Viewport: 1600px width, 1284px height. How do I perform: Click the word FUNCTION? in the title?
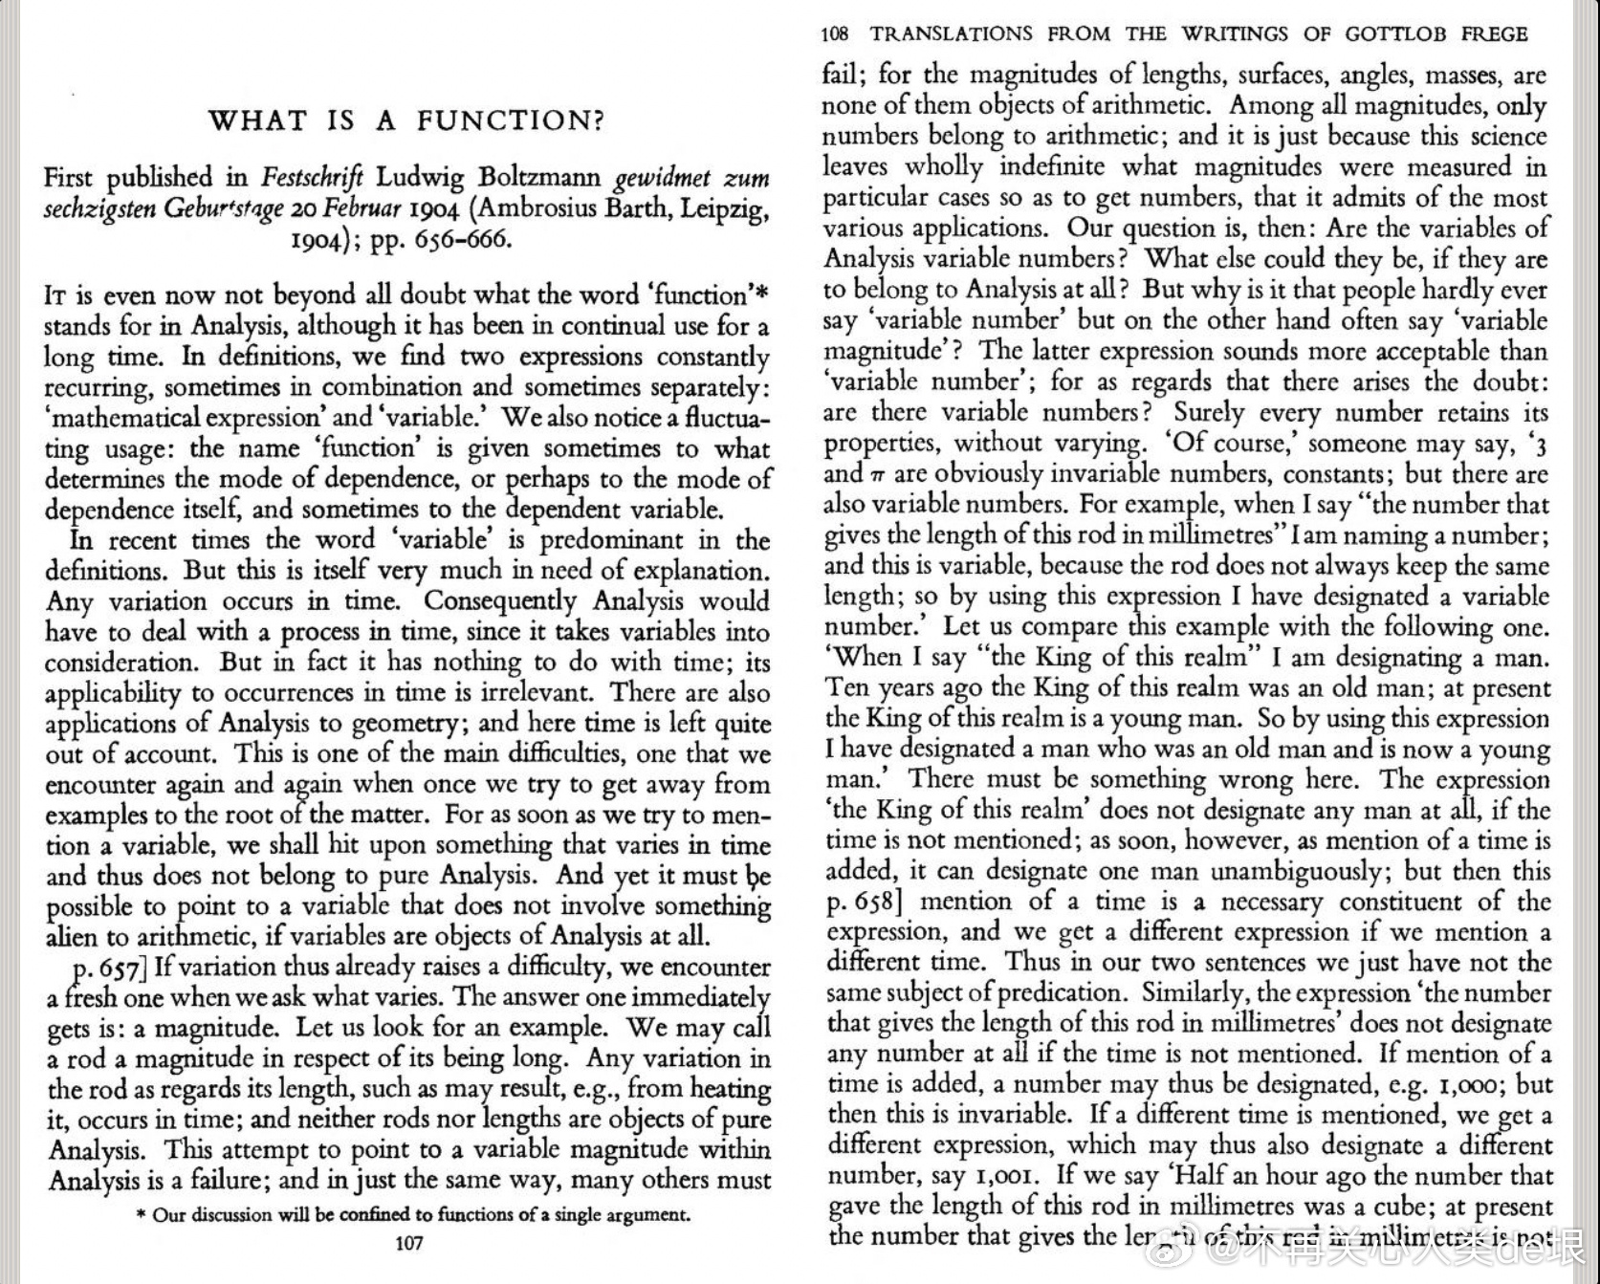coord(511,120)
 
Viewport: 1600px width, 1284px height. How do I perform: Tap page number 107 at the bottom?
coord(408,1243)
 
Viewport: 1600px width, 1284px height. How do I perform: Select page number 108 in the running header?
coord(834,34)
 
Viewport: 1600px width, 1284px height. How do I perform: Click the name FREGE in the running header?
coord(1494,34)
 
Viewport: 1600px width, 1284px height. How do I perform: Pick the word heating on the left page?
coord(730,1090)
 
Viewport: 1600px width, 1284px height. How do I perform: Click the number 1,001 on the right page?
coord(1003,1176)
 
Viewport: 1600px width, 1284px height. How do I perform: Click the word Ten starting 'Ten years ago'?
coord(845,688)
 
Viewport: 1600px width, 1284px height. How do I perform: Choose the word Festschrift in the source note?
coord(313,178)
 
